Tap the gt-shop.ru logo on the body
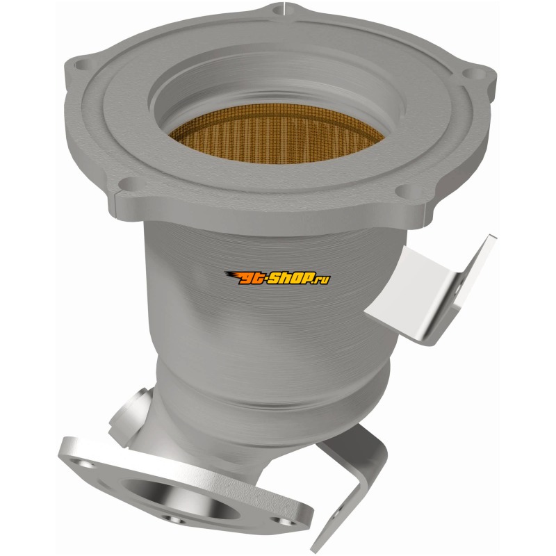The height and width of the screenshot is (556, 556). pos(277,277)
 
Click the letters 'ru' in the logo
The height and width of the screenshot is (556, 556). pos(324,281)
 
